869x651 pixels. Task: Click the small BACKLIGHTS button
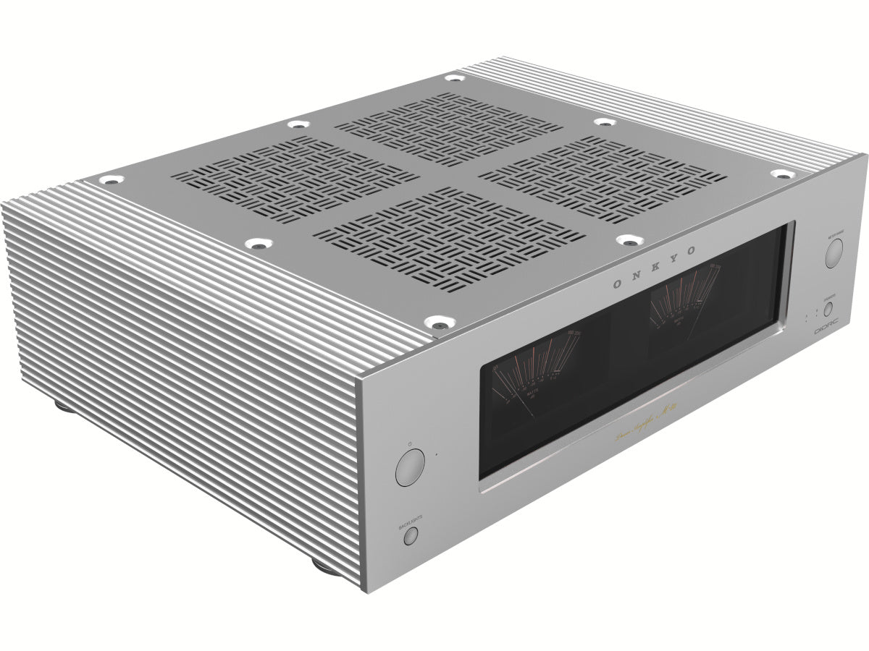(x=411, y=536)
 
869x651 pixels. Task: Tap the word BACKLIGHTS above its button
(x=410, y=519)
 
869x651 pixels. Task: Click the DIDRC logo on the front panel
(x=826, y=328)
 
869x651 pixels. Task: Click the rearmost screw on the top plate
(x=454, y=77)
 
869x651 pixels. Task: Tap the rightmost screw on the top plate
(x=781, y=174)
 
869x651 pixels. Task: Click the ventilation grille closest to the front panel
(x=450, y=239)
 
